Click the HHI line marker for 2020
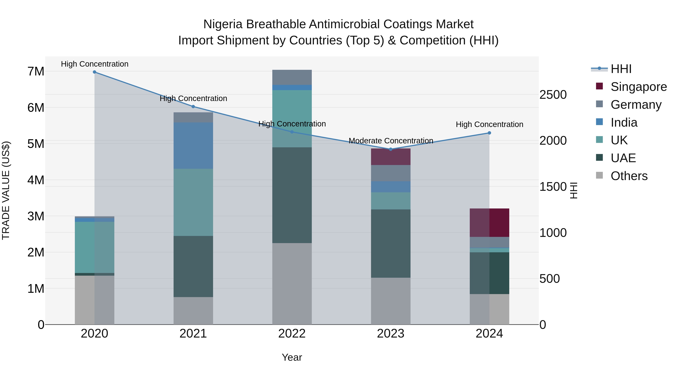(95, 72)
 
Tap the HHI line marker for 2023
(391, 149)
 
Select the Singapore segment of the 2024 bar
(489, 223)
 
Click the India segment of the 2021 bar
(193, 146)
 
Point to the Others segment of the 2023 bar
(391, 301)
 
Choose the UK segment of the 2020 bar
(95, 247)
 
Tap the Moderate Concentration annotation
(391, 141)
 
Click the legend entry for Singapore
(639, 87)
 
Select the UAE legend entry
(623, 158)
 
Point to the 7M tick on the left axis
(36, 71)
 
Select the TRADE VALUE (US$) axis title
(6, 190)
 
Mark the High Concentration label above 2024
(489, 125)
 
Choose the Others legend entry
(629, 176)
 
